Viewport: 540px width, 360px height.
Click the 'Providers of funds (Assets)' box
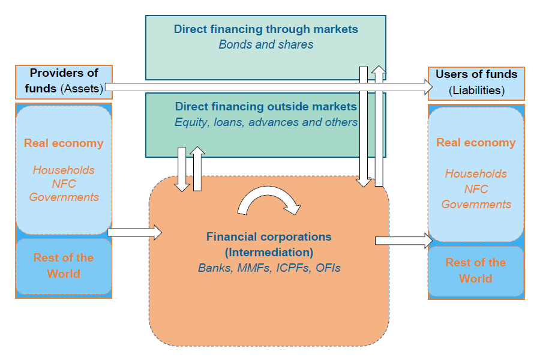(x=64, y=82)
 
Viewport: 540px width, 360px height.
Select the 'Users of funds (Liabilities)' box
(x=476, y=83)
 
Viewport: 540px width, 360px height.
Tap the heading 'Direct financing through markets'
(x=266, y=29)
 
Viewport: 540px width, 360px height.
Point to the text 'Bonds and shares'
(x=266, y=44)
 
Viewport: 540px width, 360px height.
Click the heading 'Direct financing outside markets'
(x=266, y=107)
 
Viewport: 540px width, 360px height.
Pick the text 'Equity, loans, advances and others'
(x=266, y=122)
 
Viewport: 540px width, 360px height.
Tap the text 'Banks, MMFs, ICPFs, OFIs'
(x=269, y=268)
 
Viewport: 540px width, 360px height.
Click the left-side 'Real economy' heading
(x=64, y=143)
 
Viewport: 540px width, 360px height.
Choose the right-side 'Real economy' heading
(x=476, y=143)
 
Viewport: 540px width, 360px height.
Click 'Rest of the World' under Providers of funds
(x=64, y=266)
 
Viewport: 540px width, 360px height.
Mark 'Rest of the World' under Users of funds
(x=476, y=271)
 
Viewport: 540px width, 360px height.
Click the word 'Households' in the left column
(x=64, y=170)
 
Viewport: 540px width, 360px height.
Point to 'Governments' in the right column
(x=476, y=204)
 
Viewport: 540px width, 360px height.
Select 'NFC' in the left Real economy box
(x=64, y=184)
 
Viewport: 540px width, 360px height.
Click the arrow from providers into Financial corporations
(x=135, y=232)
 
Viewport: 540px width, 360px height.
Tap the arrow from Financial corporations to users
(x=403, y=241)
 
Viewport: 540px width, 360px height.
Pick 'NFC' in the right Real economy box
(x=476, y=189)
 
